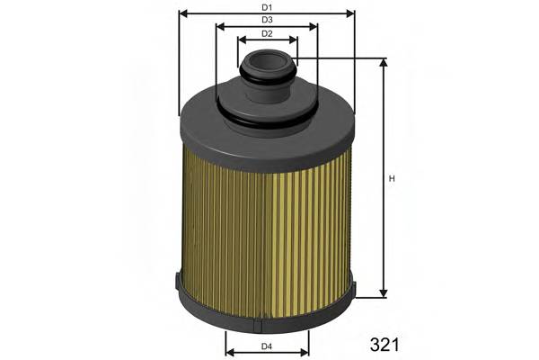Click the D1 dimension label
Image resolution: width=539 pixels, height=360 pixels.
pyautogui.click(x=267, y=8)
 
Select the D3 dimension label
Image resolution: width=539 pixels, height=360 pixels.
pyautogui.click(x=267, y=20)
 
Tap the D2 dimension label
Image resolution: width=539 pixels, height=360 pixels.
pyautogui.click(x=267, y=34)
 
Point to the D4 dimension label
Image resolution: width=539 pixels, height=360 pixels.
pyautogui.click(x=267, y=347)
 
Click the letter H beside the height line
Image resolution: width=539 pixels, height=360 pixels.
pyautogui.click(x=392, y=178)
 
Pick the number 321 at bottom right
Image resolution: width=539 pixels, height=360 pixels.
pyautogui.click(x=384, y=344)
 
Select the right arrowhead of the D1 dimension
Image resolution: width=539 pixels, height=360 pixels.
pyautogui.click(x=351, y=13)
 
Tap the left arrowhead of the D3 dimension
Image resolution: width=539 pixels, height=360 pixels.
pyautogui.click(x=220, y=26)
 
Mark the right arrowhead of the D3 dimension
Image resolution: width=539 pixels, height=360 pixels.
pyautogui.click(x=314, y=26)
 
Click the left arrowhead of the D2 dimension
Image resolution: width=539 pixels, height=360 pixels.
pyautogui.click(x=242, y=40)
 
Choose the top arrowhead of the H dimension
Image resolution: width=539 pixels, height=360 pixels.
pyautogui.click(x=384, y=64)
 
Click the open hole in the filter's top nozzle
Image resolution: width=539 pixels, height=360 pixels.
pyautogui.click(x=267, y=62)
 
